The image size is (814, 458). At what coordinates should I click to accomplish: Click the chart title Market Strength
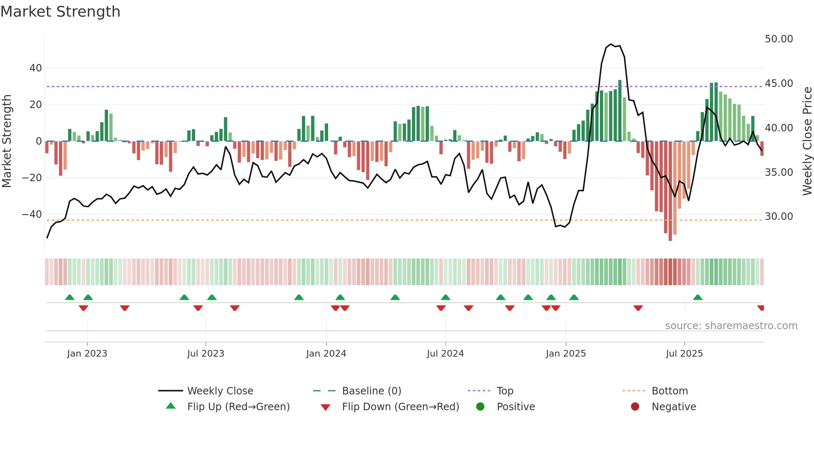(x=61, y=12)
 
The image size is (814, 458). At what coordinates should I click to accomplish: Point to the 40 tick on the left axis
(x=36, y=68)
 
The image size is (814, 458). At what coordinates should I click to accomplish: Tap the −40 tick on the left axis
(x=32, y=214)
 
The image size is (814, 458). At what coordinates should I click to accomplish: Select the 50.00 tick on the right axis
(x=779, y=39)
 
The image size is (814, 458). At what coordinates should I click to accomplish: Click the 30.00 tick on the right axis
(x=779, y=217)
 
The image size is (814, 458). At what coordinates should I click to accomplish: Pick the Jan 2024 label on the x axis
(x=326, y=354)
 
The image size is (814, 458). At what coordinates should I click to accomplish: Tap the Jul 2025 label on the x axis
(x=684, y=354)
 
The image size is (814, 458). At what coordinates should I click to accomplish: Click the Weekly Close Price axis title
(x=807, y=141)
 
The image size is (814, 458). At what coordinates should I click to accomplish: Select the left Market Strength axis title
(x=7, y=141)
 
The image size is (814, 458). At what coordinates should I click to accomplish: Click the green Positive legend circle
(x=481, y=407)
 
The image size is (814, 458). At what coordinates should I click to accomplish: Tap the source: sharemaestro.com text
(x=731, y=326)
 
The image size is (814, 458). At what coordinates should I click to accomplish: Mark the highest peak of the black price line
(x=610, y=44)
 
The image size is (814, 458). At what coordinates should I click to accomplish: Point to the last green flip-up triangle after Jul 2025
(x=698, y=298)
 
